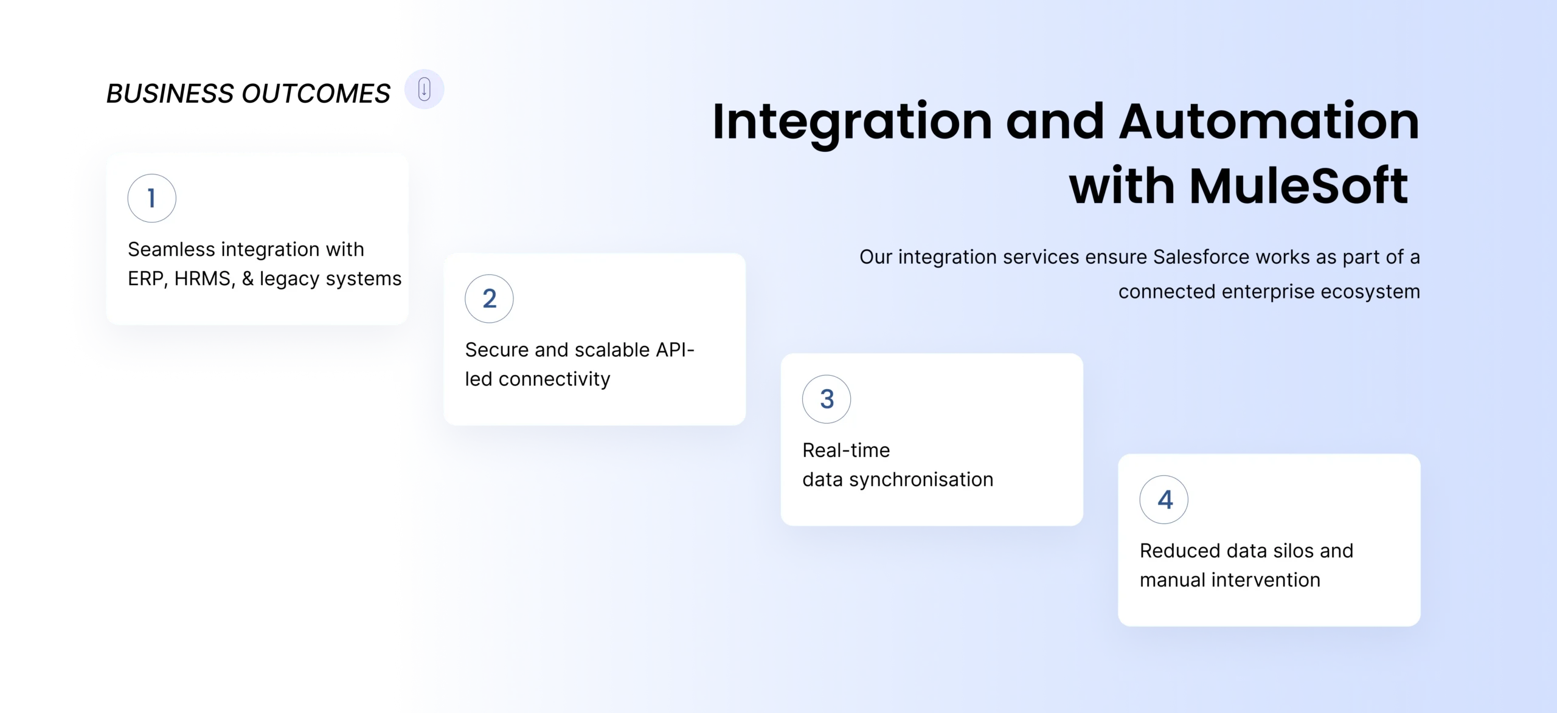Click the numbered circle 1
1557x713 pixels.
(x=151, y=198)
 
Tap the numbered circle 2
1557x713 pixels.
(x=489, y=298)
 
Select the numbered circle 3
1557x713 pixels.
(x=827, y=399)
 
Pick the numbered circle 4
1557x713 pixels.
(x=1164, y=500)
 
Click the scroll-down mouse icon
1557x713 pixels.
(x=425, y=89)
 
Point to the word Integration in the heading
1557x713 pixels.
(x=852, y=122)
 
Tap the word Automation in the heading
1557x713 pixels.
(x=1269, y=121)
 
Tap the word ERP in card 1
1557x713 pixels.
(x=145, y=279)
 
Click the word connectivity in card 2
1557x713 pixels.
(x=554, y=379)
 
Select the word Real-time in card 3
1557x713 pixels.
(x=846, y=450)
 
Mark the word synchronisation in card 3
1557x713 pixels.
(x=921, y=480)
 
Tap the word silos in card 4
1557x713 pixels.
(x=1282, y=551)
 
